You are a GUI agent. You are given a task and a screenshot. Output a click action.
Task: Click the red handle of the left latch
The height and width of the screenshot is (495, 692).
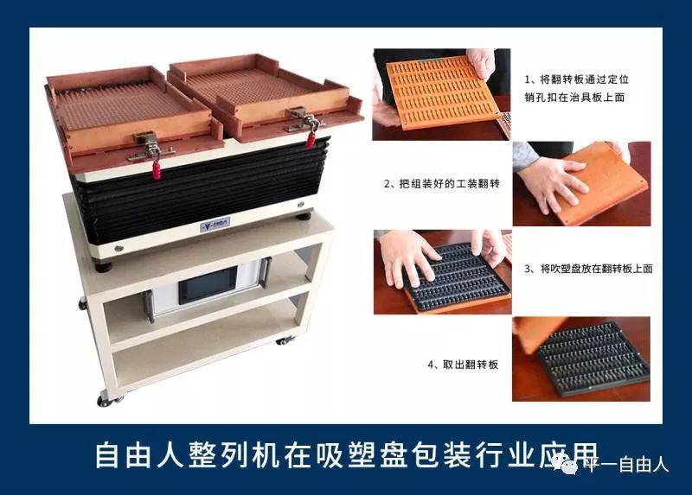pyautogui.click(x=157, y=168)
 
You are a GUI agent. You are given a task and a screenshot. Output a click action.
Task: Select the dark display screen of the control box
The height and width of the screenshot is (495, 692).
pyautogui.click(x=207, y=285)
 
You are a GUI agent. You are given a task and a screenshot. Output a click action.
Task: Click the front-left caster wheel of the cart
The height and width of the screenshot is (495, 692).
pyautogui.click(x=105, y=399)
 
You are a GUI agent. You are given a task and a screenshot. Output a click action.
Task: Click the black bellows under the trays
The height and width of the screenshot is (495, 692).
pyautogui.click(x=216, y=186)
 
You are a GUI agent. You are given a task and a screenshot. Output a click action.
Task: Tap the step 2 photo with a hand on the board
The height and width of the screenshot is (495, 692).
pyautogui.click(x=580, y=183)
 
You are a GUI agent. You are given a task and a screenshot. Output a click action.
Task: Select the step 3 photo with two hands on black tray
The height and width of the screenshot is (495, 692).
pyautogui.click(x=441, y=271)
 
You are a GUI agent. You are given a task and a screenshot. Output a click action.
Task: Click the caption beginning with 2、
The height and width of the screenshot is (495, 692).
pyautogui.click(x=441, y=184)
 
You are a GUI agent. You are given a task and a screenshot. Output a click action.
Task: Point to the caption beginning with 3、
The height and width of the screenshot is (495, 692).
pyautogui.click(x=588, y=269)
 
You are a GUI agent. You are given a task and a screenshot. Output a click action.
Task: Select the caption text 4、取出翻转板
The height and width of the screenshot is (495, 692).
pyautogui.click(x=463, y=365)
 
